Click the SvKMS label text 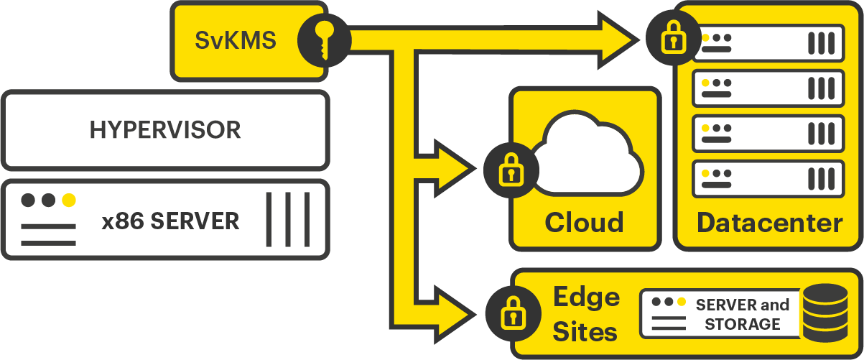point(235,40)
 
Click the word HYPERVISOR point(164,130)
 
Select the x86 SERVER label point(170,221)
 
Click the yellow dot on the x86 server point(69,200)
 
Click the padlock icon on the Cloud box point(509,169)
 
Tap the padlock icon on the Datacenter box point(672,37)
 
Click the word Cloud point(584,222)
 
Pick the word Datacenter point(769,223)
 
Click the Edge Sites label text point(585,314)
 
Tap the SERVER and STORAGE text point(742,315)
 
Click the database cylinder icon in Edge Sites point(824,313)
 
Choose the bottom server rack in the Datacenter point(768,178)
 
